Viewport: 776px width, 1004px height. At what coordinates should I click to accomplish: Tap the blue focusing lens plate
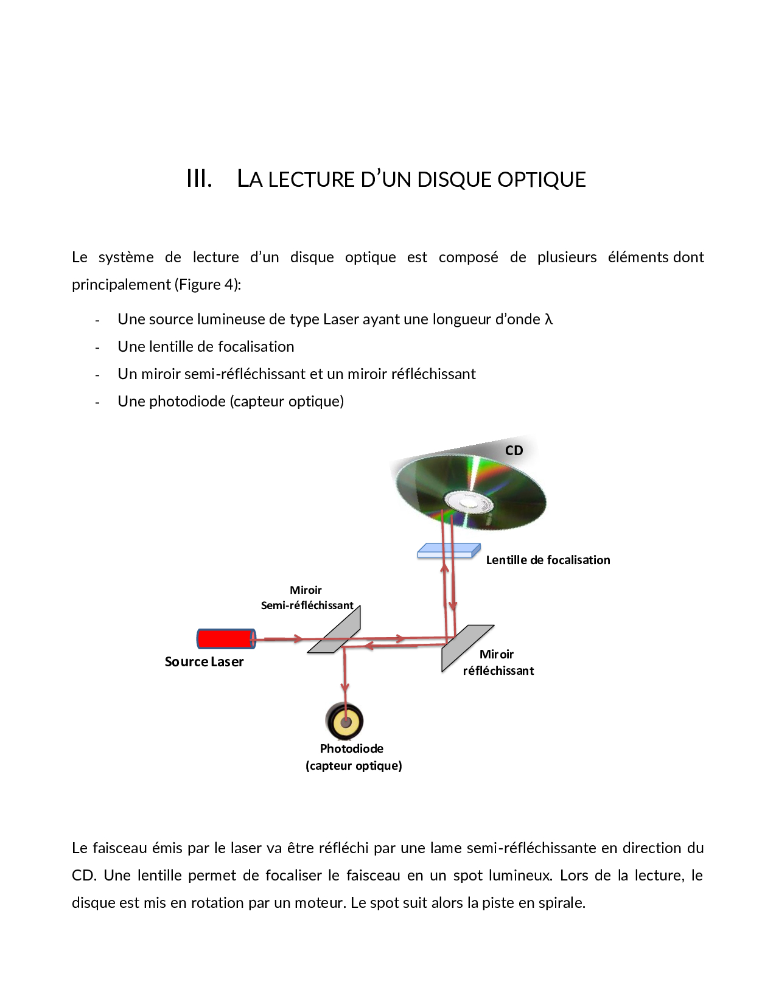(x=448, y=551)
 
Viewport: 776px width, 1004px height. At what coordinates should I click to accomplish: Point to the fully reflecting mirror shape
(x=466, y=647)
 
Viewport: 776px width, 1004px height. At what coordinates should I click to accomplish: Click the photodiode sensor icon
(x=344, y=722)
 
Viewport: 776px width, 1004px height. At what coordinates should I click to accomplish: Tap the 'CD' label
(x=514, y=451)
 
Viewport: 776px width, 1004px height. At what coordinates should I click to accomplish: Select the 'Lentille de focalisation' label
(x=548, y=560)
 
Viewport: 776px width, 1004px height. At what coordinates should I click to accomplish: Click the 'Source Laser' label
(x=204, y=662)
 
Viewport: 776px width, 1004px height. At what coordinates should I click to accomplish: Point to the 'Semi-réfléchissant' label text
(x=307, y=605)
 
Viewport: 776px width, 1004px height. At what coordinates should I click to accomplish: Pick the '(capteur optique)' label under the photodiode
(x=354, y=765)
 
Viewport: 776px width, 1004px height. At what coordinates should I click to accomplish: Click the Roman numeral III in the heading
(x=199, y=179)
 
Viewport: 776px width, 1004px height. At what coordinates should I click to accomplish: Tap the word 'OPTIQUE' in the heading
(x=541, y=180)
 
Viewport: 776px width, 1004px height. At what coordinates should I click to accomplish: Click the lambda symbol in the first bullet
(x=548, y=319)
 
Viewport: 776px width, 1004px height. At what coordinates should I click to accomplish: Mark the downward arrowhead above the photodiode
(x=344, y=687)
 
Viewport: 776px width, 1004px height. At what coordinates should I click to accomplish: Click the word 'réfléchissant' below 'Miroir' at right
(x=498, y=671)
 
